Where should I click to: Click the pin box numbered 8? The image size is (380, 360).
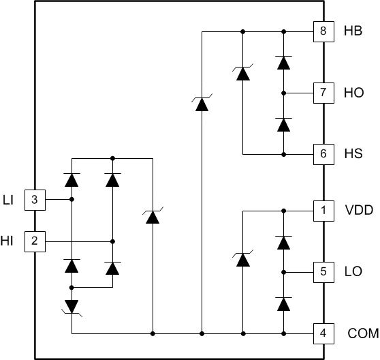(323, 31)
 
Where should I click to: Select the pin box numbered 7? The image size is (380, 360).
(323, 92)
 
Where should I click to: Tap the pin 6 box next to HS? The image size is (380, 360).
(323, 153)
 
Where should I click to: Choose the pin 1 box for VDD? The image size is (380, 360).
(323, 211)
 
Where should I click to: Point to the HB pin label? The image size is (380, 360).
(353, 31)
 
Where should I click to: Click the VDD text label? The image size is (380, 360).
(358, 211)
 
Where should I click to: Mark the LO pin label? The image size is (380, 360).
(353, 272)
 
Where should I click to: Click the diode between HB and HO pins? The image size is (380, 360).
(283, 62)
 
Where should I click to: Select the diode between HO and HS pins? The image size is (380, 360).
(283, 123)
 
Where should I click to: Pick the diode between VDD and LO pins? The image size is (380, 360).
(283, 242)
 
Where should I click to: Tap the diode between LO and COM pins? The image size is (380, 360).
(283, 303)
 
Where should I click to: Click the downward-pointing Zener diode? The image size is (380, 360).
(72, 306)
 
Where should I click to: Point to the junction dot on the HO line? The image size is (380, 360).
(283, 92)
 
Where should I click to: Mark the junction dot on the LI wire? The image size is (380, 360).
(72, 200)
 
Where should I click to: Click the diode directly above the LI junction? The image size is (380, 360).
(72, 179)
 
